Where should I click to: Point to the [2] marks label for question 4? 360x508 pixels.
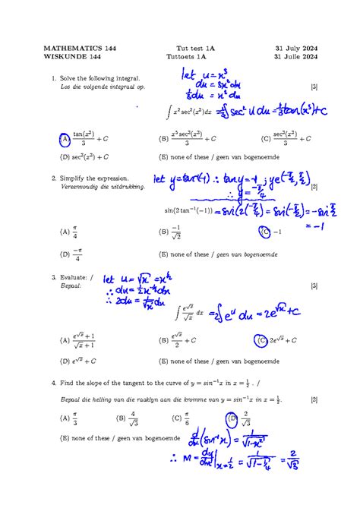click(314, 399)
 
